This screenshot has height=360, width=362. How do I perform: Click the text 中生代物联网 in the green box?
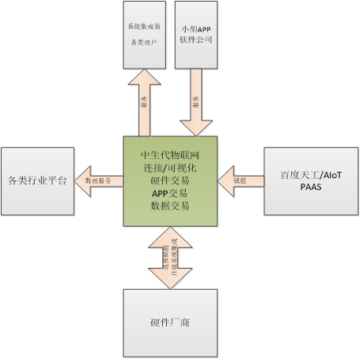[172, 154]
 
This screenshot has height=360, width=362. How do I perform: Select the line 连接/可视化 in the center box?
[172, 167]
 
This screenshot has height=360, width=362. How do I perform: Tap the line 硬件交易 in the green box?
[172, 180]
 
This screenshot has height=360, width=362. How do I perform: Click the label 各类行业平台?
[37, 180]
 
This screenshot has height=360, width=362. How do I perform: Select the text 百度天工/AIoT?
[312, 175]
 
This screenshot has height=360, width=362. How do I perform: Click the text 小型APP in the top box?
[196, 26]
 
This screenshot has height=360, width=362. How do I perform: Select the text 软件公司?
[196, 39]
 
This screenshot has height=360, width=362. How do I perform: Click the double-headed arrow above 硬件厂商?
[170, 257]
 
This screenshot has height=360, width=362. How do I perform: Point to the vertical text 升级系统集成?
[175, 257]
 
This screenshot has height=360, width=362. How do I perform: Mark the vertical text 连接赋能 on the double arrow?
[165, 257]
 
